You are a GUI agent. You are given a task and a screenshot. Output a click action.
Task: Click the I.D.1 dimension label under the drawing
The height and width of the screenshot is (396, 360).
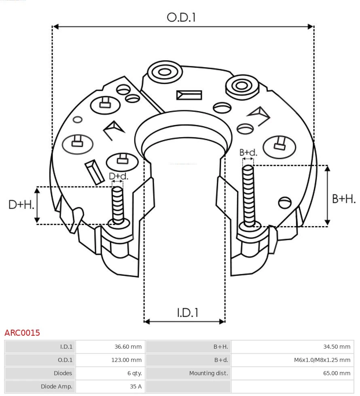187,313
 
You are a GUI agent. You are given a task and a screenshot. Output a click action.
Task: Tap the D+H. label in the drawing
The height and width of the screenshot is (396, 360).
21,205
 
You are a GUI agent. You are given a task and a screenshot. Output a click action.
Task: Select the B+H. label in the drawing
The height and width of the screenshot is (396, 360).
344,199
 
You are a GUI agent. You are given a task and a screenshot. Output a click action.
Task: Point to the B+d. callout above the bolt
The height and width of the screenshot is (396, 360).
248,152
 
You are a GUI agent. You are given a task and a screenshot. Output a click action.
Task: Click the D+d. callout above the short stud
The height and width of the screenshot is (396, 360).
119,176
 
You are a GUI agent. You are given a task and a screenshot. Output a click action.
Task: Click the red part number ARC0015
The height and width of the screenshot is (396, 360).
22,333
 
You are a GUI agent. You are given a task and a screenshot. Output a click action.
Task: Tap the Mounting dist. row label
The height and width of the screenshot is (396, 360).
208,373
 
